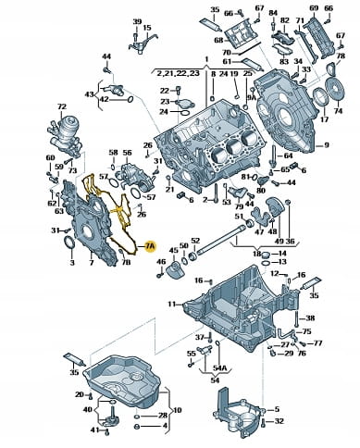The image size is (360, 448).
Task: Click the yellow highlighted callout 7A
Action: coord(151,246)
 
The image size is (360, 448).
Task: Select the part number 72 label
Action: coord(62,106)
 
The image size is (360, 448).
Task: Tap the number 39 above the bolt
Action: coord(137,22)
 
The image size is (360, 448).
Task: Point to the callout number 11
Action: coord(172,304)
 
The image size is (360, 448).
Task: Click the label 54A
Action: coord(219,367)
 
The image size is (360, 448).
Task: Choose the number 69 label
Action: coord(314,8)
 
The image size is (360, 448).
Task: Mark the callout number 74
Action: coord(339,110)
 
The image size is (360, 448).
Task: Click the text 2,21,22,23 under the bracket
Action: coord(178,73)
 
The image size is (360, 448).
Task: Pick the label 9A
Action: coord(252,97)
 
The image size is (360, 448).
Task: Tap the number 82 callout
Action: coord(285,20)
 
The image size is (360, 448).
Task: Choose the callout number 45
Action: coord(174,250)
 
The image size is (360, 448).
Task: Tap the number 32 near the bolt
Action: coord(279,421)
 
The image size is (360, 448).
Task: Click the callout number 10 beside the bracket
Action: coord(178,410)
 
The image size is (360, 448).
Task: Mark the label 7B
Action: coord(126,263)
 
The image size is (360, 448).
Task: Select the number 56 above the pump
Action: coord(127,153)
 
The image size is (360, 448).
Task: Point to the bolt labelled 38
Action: coord(296,319)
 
